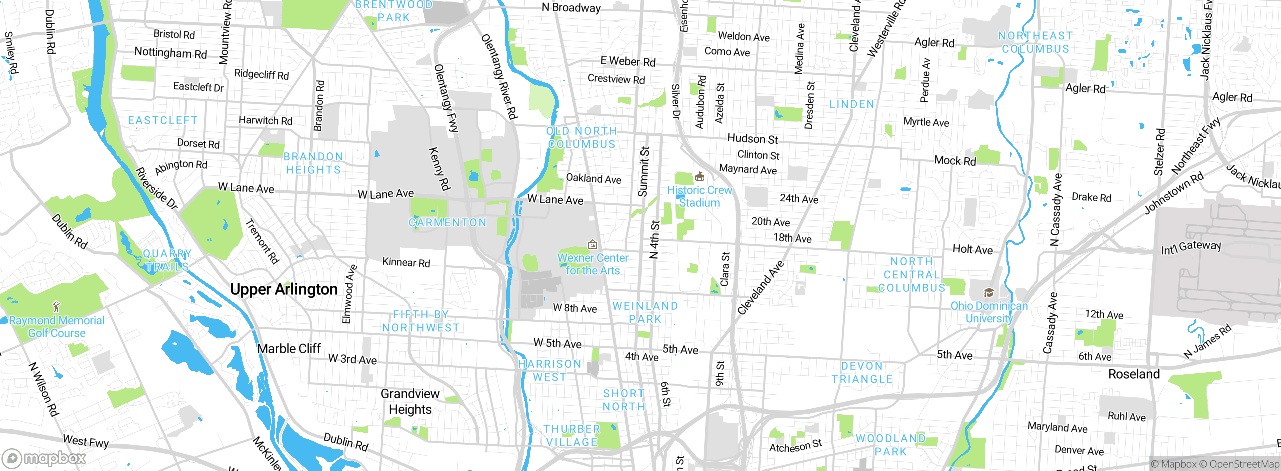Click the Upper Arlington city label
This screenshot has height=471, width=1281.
pyautogui.click(x=284, y=290)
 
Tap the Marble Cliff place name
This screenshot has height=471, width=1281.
pyautogui.click(x=289, y=349)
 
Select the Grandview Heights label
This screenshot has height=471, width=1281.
pyautogui.click(x=410, y=402)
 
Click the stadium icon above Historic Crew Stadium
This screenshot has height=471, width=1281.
pyautogui.click(x=700, y=177)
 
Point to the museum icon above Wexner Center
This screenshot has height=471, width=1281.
pyautogui.click(x=593, y=245)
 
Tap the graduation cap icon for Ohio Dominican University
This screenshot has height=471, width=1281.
pyautogui.click(x=989, y=293)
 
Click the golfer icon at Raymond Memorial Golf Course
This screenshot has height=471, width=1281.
pyautogui.click(x=56, y=307)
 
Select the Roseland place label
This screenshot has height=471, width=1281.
pyautogui.click(x=1134, y=374)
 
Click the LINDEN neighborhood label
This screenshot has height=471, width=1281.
pyautogui.click(x=852, y=104)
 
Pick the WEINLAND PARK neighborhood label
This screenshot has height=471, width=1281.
pyautogui.click(x=645, y=312)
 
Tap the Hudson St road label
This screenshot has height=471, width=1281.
pyautogui.click(x=752, y=139)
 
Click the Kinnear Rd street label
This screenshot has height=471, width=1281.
pyautogui.click(x=406, y=262)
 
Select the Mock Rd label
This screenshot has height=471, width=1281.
pyautogui.click(x=955, y=161)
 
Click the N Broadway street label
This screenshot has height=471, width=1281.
pyautogui.click(x=571, y=8)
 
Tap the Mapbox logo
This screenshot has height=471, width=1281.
pyautogui.click(x=44, y=458)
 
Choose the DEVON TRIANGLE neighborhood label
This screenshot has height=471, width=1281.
pyautogui.click(x=862, y=373)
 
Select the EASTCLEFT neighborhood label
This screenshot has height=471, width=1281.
pyautogui.click(x=163, y=121)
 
